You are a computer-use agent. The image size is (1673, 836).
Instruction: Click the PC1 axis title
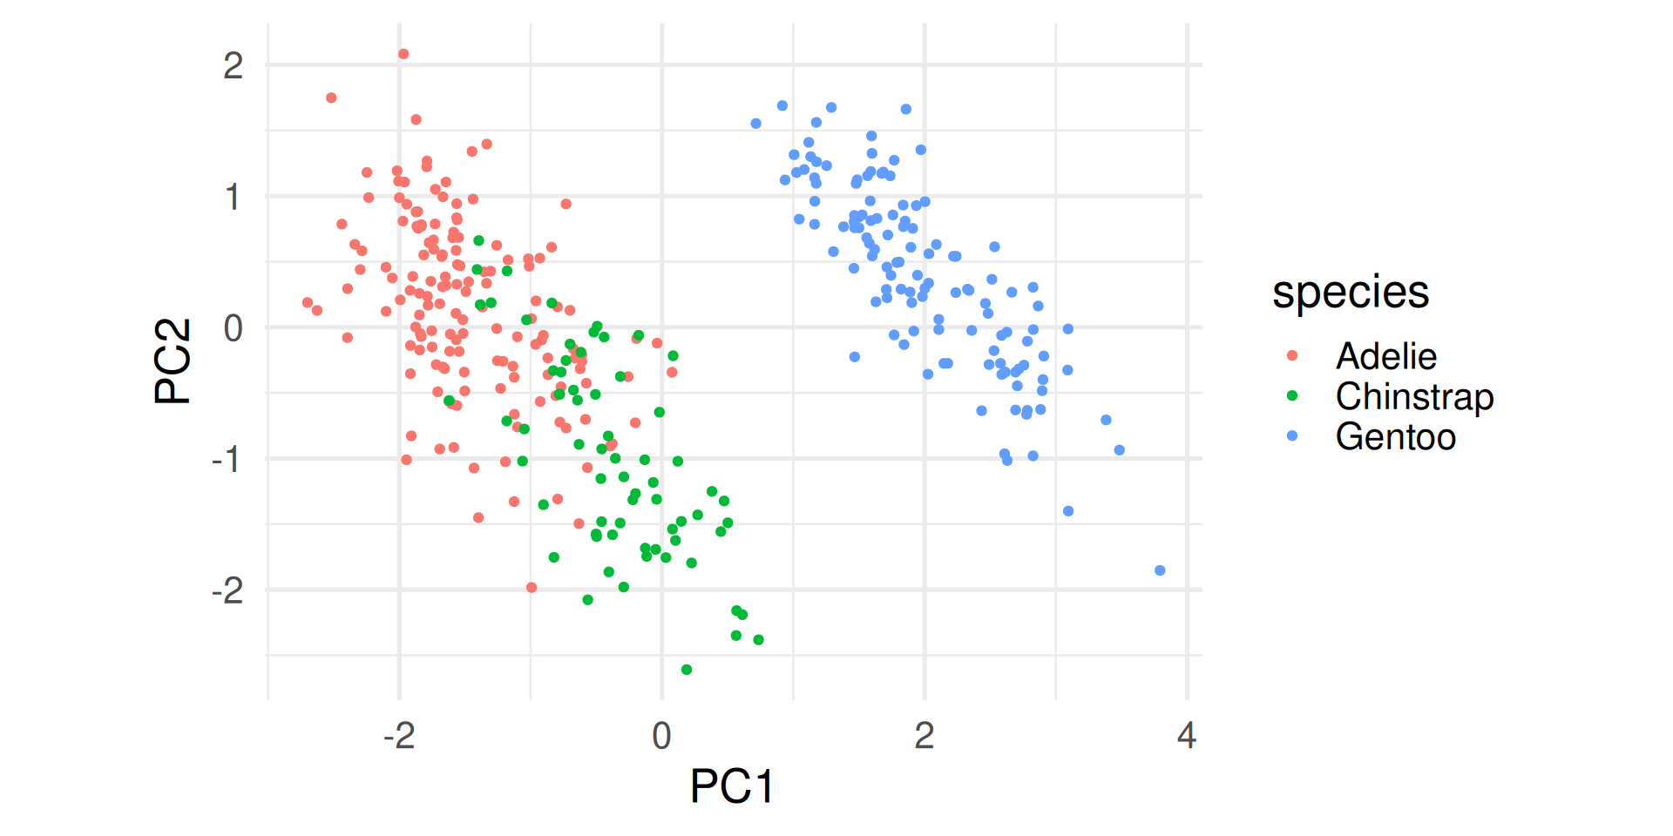731,786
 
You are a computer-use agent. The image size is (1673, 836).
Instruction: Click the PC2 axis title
173,361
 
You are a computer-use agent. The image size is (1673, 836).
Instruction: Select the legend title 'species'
1350,292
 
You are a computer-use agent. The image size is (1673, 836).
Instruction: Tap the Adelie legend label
1385,356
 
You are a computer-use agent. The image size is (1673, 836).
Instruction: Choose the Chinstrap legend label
1414,396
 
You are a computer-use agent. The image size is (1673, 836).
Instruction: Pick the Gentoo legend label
1395,436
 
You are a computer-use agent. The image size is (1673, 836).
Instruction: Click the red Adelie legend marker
1292,355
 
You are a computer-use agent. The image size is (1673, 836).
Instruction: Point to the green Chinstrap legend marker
1292,395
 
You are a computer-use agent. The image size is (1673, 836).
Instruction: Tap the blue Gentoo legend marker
1292,435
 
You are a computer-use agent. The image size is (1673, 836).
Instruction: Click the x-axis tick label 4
1186,736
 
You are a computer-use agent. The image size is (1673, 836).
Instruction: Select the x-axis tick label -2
399,736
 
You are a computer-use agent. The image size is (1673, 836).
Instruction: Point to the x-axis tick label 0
661,736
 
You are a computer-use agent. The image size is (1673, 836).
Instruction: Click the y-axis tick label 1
233,198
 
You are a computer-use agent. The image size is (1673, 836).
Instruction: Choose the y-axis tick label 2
233,66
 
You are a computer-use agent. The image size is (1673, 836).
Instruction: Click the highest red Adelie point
403,54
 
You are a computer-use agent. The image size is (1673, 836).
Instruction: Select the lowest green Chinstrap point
687,670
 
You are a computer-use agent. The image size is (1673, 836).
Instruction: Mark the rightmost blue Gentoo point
1160,570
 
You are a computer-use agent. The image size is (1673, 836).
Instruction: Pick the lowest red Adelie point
532,588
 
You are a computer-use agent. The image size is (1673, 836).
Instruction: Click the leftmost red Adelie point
308,303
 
